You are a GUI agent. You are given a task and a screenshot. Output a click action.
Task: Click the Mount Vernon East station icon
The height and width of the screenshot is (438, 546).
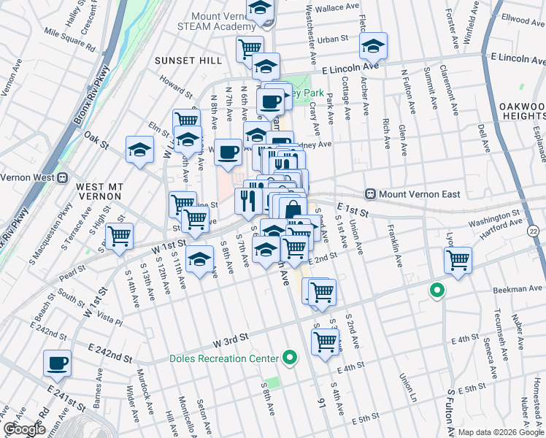[371, 194]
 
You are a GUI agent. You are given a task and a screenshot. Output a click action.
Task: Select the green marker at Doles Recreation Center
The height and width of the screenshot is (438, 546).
[290, 358]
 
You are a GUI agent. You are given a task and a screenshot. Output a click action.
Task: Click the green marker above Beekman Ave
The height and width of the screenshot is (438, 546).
[437, 291]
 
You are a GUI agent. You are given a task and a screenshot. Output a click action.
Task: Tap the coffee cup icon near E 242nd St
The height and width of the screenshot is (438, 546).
[57, 362]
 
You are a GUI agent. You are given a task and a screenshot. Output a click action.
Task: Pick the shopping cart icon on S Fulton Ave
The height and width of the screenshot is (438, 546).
[458, 259]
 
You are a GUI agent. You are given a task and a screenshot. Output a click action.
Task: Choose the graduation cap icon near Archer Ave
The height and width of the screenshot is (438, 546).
[373, 47]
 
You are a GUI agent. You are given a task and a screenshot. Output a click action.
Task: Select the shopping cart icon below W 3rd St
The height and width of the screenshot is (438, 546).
[325, 341]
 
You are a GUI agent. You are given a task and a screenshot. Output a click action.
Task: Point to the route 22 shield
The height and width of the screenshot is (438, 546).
[534, 231]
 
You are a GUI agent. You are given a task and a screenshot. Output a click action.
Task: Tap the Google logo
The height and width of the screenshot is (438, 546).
[24, 429]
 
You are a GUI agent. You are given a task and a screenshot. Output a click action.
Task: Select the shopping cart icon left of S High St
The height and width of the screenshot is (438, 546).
[118, 236]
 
